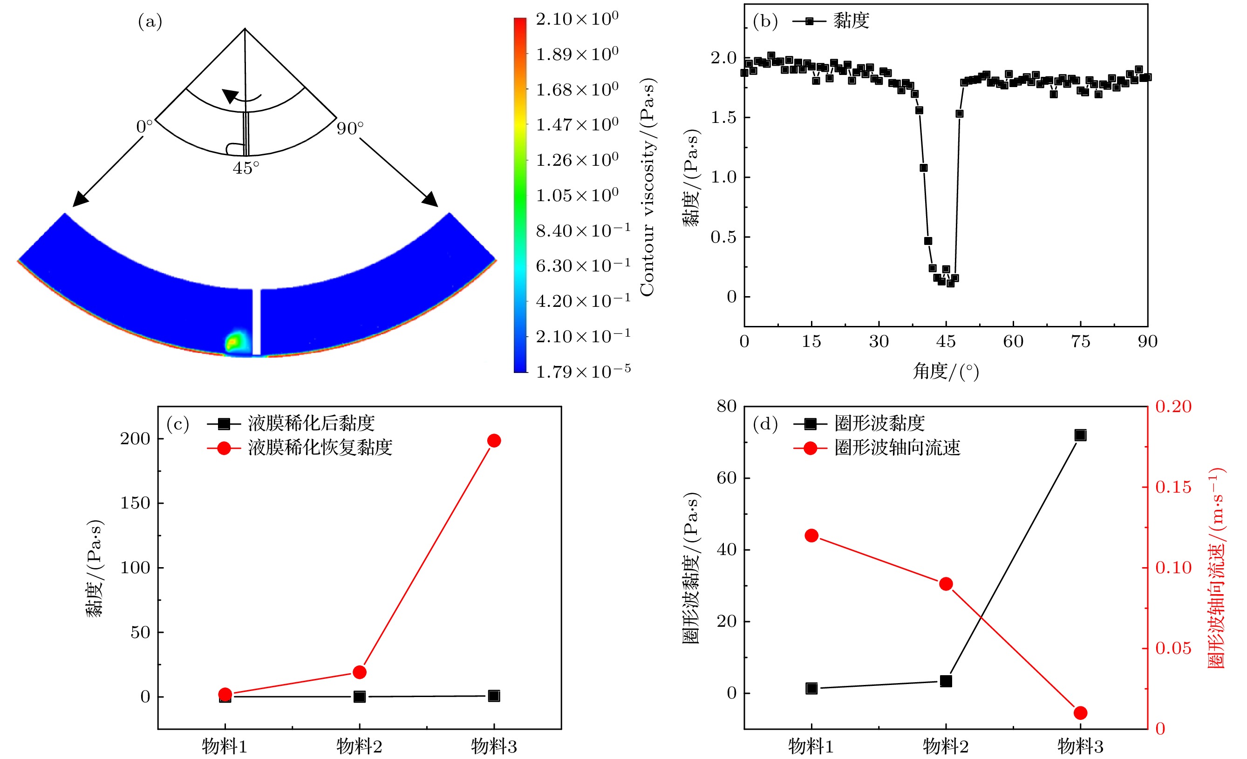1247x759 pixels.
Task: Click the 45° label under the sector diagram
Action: click(x=246, y=168)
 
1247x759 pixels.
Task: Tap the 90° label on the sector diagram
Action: click(x=350, y=129)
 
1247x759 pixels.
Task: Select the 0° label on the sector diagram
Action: click(x=144, y=127)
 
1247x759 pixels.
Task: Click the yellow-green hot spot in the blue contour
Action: click(x=234, y=342)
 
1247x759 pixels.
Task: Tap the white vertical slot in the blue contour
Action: click(x=257, y=322)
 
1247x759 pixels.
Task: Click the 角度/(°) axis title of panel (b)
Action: click(x=945, y=372)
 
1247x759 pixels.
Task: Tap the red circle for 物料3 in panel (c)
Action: click(x=494, y=440)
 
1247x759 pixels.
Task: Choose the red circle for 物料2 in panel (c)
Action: click(x=359, y=672)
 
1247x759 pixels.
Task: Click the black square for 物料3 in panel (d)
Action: click(x=1080, y=435)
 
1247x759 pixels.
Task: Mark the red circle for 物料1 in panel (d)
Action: click(x=811, y=536)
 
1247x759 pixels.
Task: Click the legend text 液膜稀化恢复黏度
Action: click(x=320, y=448)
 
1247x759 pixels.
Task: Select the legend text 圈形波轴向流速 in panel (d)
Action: click(x=897, y=448)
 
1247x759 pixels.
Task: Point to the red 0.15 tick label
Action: click(x=1173, y=487)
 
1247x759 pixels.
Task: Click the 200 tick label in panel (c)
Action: click(x=135, y=439)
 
